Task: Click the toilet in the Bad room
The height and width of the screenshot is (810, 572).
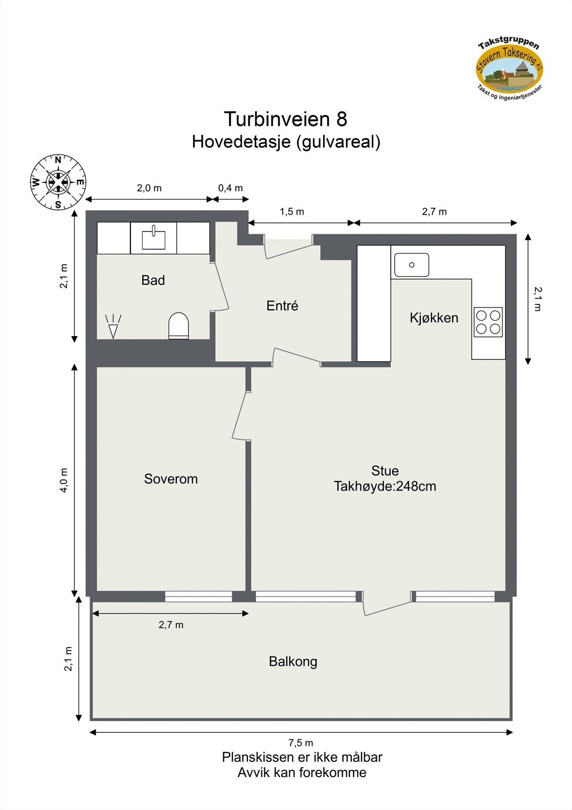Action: (178, 326)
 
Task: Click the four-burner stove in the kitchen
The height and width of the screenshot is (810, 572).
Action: (488, 322)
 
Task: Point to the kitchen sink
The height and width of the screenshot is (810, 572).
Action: (412, 265)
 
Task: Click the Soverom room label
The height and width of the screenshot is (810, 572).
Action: (170, 479)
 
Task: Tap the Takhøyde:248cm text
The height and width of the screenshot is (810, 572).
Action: (385, 487)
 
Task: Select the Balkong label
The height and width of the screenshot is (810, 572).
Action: (293, 661)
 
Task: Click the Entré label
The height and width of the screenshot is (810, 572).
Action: (282, 306)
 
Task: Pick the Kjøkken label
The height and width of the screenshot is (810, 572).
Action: (433, 318)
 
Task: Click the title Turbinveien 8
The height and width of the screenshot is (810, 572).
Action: (285, 119)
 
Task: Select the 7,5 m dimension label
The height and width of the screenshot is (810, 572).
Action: (300, 743)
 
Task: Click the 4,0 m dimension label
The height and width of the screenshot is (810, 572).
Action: (64, 479)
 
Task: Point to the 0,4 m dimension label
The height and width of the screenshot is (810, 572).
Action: (230, 188)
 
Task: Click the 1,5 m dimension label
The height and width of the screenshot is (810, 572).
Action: (292, 212)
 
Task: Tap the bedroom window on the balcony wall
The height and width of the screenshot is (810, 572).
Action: (198, 596)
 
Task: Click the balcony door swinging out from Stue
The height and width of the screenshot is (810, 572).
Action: (386, 605)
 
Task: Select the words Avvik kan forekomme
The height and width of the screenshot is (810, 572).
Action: (301, 773)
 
